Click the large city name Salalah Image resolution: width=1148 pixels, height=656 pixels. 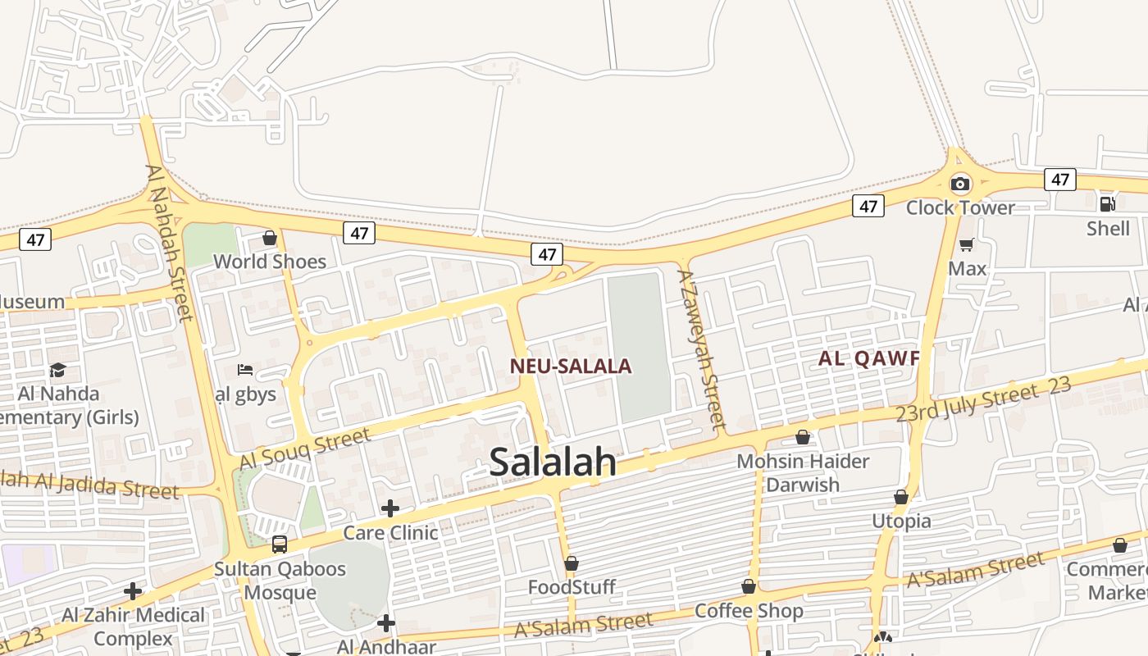pyautogui.click(x=553, y=462)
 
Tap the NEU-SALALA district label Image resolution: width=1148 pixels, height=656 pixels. pyautogui.click(x=571, y=367)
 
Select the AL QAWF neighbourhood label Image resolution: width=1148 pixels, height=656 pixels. pyautogui.click(x=868, y=358)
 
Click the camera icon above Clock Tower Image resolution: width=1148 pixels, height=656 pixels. pyautogui.click(x=959, y=184)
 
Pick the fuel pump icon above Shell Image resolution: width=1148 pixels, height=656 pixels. pyautogui.click(x=1107, y=203)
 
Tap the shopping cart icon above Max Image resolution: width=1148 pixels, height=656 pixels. pyautogui.click(x=967, y=244)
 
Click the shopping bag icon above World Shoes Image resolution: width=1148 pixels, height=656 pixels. pyautogui.click(x=269, y=238)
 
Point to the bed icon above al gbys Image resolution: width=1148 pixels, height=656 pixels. pyautogui.click(x=244, y=370)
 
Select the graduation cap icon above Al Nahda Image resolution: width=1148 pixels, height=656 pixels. pyautogui.click(x=57, y=371)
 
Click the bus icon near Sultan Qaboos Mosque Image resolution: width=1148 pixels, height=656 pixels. pyautogui.click(x=279, y=544)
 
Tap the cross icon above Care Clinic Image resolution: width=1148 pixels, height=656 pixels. pyautogui.click(x=389, y=508)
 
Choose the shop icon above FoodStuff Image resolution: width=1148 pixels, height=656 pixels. pyautogui.click(x=572, y=563)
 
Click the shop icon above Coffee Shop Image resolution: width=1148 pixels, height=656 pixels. pyautogui.click(x=748, y=586)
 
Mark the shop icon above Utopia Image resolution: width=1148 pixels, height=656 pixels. pyautogui.click(x=901, y=497)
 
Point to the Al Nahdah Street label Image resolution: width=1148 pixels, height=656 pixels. pyautogui.click(x=169, y=243)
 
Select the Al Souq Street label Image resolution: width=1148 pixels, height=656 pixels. pyautogui.click(x=304, y=449)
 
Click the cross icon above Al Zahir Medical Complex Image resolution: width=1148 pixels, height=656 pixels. pyautogui.click(x=133, y=591)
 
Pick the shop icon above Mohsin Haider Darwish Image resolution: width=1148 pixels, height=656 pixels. pyautogui.click(x=802, y=437)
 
